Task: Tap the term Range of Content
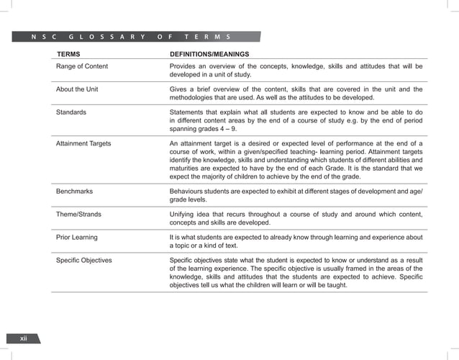[x=82, y=66]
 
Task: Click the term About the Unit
[x=78, y=89]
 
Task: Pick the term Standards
[x=71, y=112]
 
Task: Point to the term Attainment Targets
[x=83, y=144]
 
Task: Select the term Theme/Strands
[x=78, y=215]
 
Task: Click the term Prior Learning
[x=77, y=237]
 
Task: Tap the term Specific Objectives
[x=84, y=260]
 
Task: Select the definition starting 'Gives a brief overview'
[x=295, y=94]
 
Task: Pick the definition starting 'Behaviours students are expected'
[x=295, y=196]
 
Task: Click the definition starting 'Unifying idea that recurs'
[x=295, y=218]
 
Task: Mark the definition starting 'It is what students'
[x=295, y=241]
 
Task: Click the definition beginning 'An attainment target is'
[x=295, y=163]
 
